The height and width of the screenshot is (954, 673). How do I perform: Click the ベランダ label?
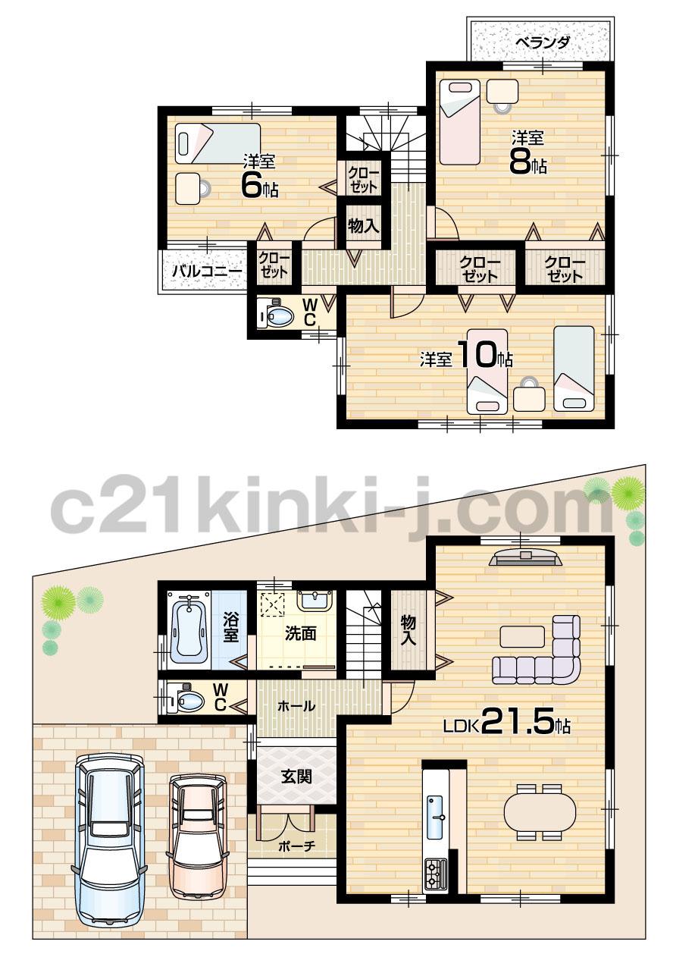point(542,42)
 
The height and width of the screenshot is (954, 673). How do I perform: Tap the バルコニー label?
point(205,270)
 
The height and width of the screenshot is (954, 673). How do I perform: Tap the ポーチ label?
point(296,847)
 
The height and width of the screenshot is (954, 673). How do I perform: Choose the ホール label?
point(296,706)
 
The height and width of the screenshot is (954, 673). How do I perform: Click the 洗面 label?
point(300,634)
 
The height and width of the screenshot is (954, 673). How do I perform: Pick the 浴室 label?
point(230,629)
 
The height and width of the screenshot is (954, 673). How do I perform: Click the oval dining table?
point(540,811)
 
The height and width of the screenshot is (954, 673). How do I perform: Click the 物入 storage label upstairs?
point(363,226)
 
